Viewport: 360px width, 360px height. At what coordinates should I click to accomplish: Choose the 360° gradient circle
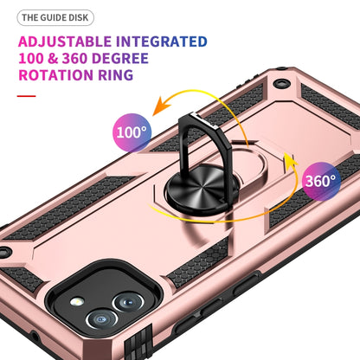pyautogui.click(x=321, y=182)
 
